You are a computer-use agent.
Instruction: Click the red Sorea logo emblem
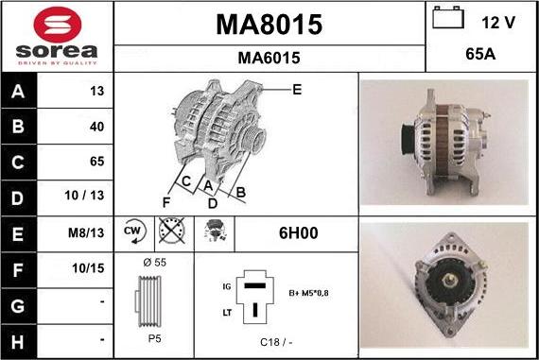point(58,25)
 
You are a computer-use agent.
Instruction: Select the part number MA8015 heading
point(269,25)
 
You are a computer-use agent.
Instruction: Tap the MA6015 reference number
point(269,58)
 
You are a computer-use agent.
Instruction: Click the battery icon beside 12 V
point(448,18)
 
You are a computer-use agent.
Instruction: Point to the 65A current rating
point(480,54)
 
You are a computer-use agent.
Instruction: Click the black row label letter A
point(18,92)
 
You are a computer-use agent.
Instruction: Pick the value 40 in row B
point(97,127)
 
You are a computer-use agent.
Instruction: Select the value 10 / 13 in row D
point(84,195)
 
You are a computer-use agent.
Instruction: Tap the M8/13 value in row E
point(86,232)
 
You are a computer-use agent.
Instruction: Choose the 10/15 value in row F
point(88,268)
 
